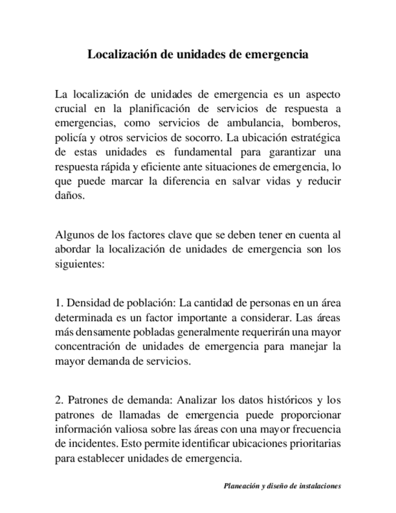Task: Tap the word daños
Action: pos(70,196)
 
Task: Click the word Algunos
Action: pos(74,235)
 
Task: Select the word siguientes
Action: pos(80,264)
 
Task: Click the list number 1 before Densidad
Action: pos(58,304)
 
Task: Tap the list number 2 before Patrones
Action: pos(58,400)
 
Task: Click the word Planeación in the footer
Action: pos(241,485)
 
